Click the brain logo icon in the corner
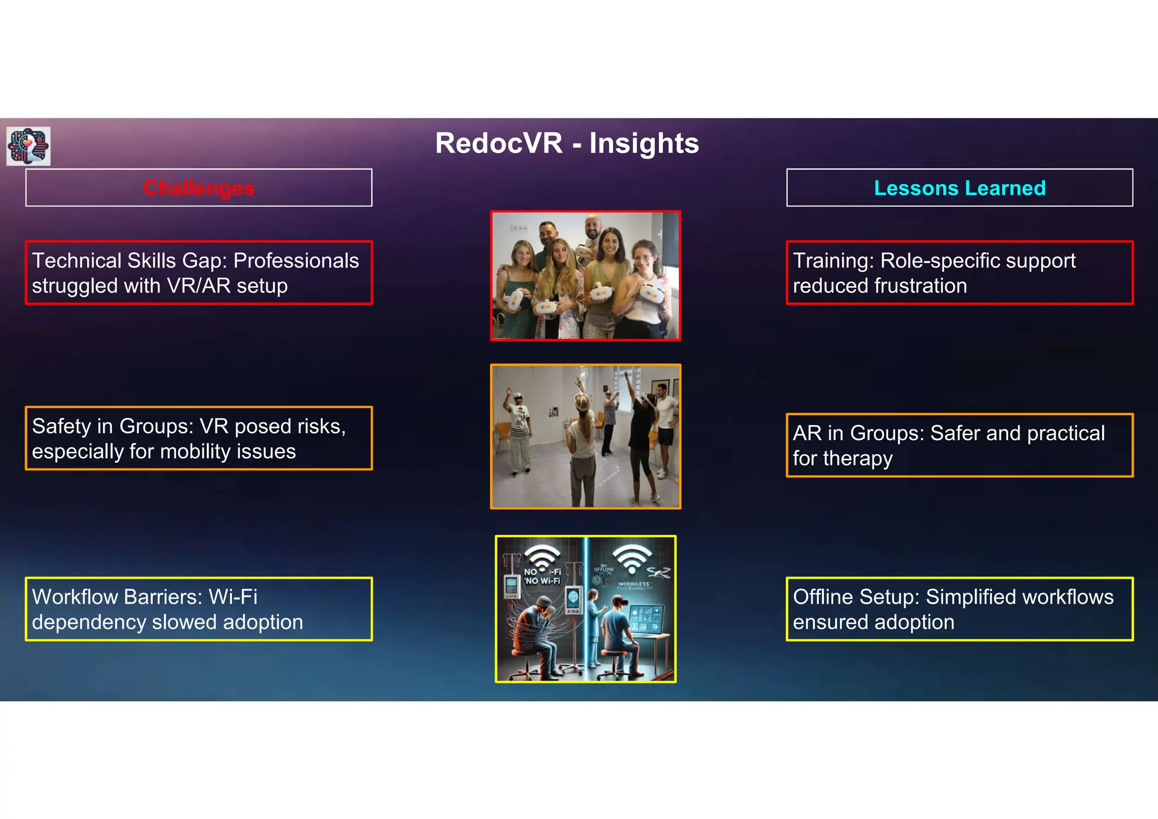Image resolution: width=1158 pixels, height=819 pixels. tap(28, 146)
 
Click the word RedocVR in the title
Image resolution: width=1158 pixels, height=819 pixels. tap(499, 143)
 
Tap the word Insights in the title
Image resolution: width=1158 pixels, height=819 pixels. tap(644, 143)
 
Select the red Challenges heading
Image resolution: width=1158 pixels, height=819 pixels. tap(198, 188)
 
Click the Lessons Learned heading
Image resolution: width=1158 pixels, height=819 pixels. tap(960, 188)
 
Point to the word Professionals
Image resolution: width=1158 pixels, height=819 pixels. tap(296, 261)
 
